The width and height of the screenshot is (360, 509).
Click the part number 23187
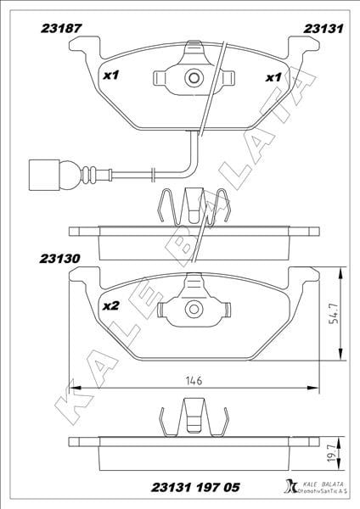[x=61, y=29]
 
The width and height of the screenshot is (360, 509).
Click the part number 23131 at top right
[x=323, y=29]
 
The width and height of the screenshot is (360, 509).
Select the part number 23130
[x=60, y=259]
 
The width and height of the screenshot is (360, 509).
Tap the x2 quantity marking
[x=111, y=305]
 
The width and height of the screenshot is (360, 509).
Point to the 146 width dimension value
[x=194, y=380]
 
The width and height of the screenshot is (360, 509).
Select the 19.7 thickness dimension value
[x=332, y=454]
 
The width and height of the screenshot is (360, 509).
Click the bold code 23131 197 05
[x=195, y=487]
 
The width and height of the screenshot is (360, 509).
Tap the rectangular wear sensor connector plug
[x=44, y=176]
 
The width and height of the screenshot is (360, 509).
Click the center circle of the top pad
[x=194, y=78]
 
